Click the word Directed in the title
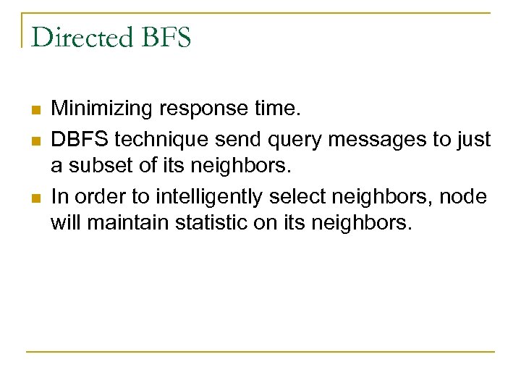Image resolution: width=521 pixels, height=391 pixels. pyautogui.click(x=80, y=37)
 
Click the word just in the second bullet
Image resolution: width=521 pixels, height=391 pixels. pyautogui.click(x=474, y=138)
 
